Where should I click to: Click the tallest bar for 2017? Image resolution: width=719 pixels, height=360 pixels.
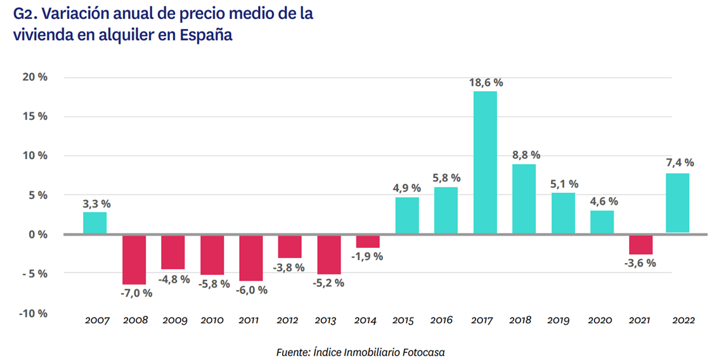(x=485, y=163)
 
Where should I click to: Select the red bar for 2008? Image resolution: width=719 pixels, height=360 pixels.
(x=134, y=260)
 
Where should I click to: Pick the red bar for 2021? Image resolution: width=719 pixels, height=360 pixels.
(x=641, y=245)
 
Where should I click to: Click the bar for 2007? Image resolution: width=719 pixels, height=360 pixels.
(x=95, y=223)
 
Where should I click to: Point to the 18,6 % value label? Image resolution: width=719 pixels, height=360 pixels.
(x=485, y=82)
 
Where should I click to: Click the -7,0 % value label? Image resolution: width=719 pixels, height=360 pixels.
(x=136, y=293)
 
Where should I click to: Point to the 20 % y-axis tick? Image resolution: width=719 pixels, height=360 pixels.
(x=36, y=77)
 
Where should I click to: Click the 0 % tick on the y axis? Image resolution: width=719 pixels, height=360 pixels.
(x=39, y=235)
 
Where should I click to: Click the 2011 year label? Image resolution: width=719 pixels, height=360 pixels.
(x=249, y=321)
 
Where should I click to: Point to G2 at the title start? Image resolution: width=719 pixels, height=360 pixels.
(x=23, y=14)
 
